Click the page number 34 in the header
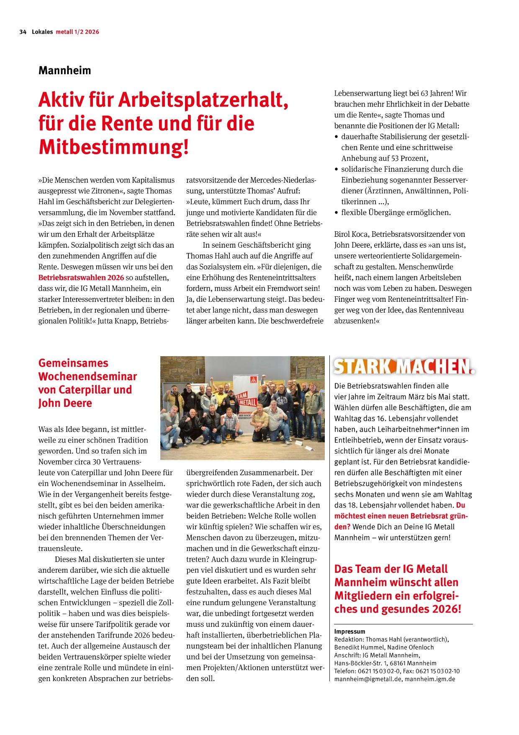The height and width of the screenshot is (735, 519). [x=23, y=32]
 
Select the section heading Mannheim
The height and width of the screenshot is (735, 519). [x=64, y=70]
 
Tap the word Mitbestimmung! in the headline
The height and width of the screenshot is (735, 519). [x=113, y=148]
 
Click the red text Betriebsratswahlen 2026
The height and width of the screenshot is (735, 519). [x=81, y=277]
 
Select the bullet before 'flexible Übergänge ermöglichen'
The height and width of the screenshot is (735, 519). [x=337, y=213]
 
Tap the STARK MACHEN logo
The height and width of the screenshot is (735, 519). [x=404, y=367]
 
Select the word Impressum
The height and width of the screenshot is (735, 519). [x=349, y=631]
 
